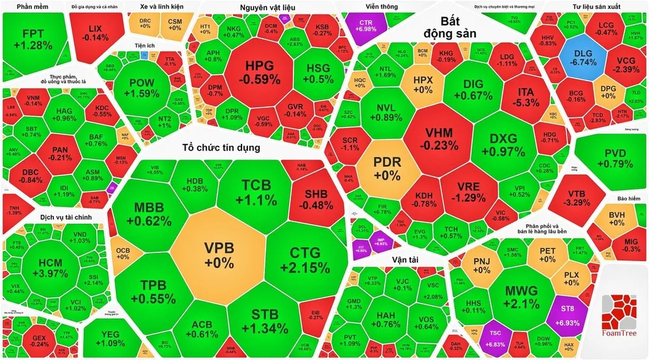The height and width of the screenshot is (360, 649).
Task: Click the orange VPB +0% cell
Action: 219,254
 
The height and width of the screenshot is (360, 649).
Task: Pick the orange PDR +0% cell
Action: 386,167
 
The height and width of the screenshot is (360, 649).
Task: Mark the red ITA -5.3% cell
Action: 525,95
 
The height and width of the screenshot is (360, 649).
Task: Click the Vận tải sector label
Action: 404,261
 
